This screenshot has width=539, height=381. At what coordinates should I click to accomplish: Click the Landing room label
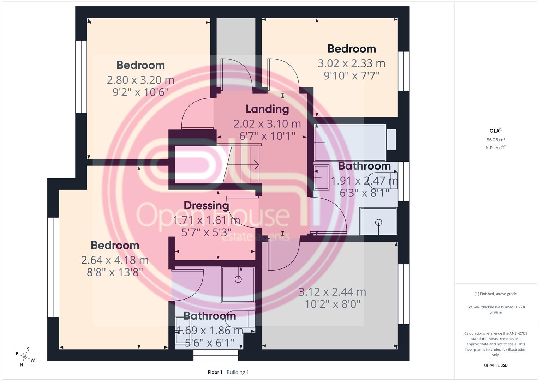[x=267, y=109]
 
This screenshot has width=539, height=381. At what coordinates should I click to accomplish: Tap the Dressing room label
[x=206, y=206]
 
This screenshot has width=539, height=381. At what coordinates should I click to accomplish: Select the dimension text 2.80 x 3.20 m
[x=140, y=80]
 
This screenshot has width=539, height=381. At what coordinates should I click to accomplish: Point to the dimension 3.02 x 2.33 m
[x=352, y=64]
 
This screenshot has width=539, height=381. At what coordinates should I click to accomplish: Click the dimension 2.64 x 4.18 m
[x=115, y=260]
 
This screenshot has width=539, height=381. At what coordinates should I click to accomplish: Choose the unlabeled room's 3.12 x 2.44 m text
[x=332, y=292]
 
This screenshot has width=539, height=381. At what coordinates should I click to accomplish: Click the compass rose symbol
[x=25, y=357]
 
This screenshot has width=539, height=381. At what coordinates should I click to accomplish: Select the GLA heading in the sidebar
[x=496, y=131]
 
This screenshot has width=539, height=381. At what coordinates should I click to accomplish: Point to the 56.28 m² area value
[x=496, y=140]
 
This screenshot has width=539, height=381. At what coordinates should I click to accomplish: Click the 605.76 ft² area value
[x=496, y=147]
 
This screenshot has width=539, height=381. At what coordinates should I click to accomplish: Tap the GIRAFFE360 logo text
[x=496, y=365]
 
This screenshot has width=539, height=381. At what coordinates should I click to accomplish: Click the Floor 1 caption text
[x=215, y=372]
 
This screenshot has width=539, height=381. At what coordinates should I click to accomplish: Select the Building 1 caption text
[x=238, y=372]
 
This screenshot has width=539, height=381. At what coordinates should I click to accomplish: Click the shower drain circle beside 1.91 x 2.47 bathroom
[x=378, y=223]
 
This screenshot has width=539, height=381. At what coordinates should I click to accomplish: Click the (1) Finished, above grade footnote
[x=496, y=294]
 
